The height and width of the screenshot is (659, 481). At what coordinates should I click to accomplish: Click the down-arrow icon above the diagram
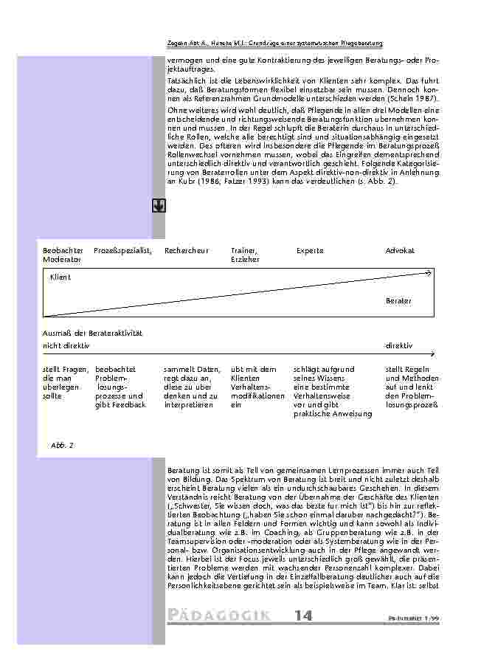(x=159, y=206)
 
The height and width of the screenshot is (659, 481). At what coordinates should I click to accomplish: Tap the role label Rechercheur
(x=187, y=251)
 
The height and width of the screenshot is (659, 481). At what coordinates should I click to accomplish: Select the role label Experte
(x=310, y=251)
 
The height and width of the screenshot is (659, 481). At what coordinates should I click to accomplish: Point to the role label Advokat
(x=400, y=251)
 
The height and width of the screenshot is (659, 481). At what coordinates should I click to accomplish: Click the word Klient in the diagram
(x=60, y=277)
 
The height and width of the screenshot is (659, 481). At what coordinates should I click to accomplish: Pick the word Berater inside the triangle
(x=398, y=301)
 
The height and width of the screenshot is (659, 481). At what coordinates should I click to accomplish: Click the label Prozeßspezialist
(x=122, y=251)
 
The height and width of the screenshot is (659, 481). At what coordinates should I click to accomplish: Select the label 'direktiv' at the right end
(x=399, y=345)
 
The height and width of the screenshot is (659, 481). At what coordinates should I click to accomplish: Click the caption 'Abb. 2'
(x=62, y=446)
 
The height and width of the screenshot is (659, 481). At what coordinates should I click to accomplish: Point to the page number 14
(x=303, y=616)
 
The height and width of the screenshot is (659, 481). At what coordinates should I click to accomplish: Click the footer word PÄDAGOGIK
(x=218, y=616)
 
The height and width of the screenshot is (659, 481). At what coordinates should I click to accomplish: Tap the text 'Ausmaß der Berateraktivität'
(x=92, y=334)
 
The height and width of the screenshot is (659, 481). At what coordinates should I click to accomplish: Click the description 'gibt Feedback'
(x=120, y=405)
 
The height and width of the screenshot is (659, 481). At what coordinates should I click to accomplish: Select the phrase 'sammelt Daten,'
(x=192, y=369)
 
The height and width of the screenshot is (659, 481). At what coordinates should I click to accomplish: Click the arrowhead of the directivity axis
(x=432, y=354)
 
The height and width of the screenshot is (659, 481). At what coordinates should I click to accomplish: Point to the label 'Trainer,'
(x=243, y=251)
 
